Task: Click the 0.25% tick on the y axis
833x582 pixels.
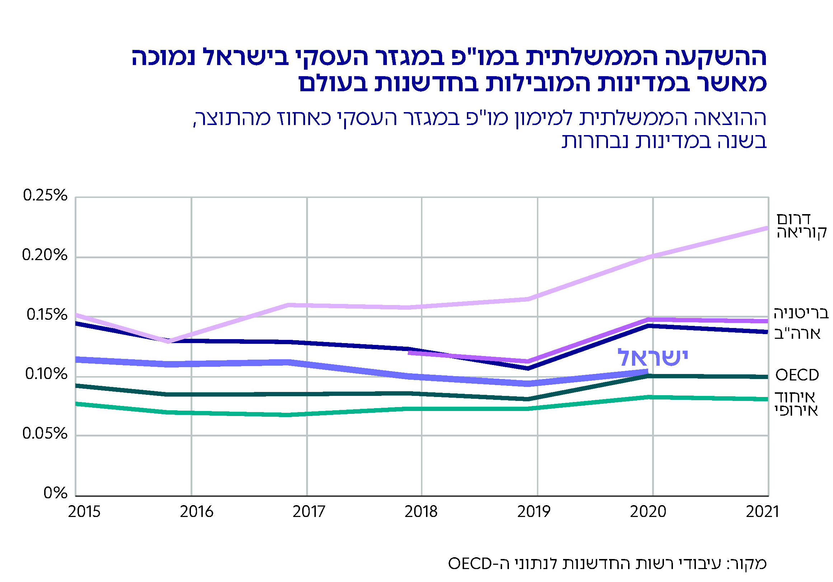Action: (x=45, y=196)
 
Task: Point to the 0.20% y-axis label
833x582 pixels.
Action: (x=45, y=255)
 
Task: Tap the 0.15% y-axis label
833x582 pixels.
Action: (x=47, y=315)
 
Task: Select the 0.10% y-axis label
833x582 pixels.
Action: (x=46, y=374)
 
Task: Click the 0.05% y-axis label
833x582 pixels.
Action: (x=45, y=434)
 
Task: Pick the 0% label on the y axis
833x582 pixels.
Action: (x=56, y=493)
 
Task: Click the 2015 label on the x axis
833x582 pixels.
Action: (x=84, y=512)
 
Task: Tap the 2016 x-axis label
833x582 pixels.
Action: (x=197, y=512)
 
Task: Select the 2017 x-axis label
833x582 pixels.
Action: (x=309, y=512)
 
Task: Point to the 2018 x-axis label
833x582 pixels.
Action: (x=421, y=512)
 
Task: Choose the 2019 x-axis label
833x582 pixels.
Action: (x=533, y=512)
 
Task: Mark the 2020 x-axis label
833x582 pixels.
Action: (x=648, y=512)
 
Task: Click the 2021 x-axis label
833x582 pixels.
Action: (x=762, y=512)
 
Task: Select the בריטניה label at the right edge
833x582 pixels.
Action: (x=801, y=313)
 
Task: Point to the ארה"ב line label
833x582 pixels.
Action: (x=797, y=334)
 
